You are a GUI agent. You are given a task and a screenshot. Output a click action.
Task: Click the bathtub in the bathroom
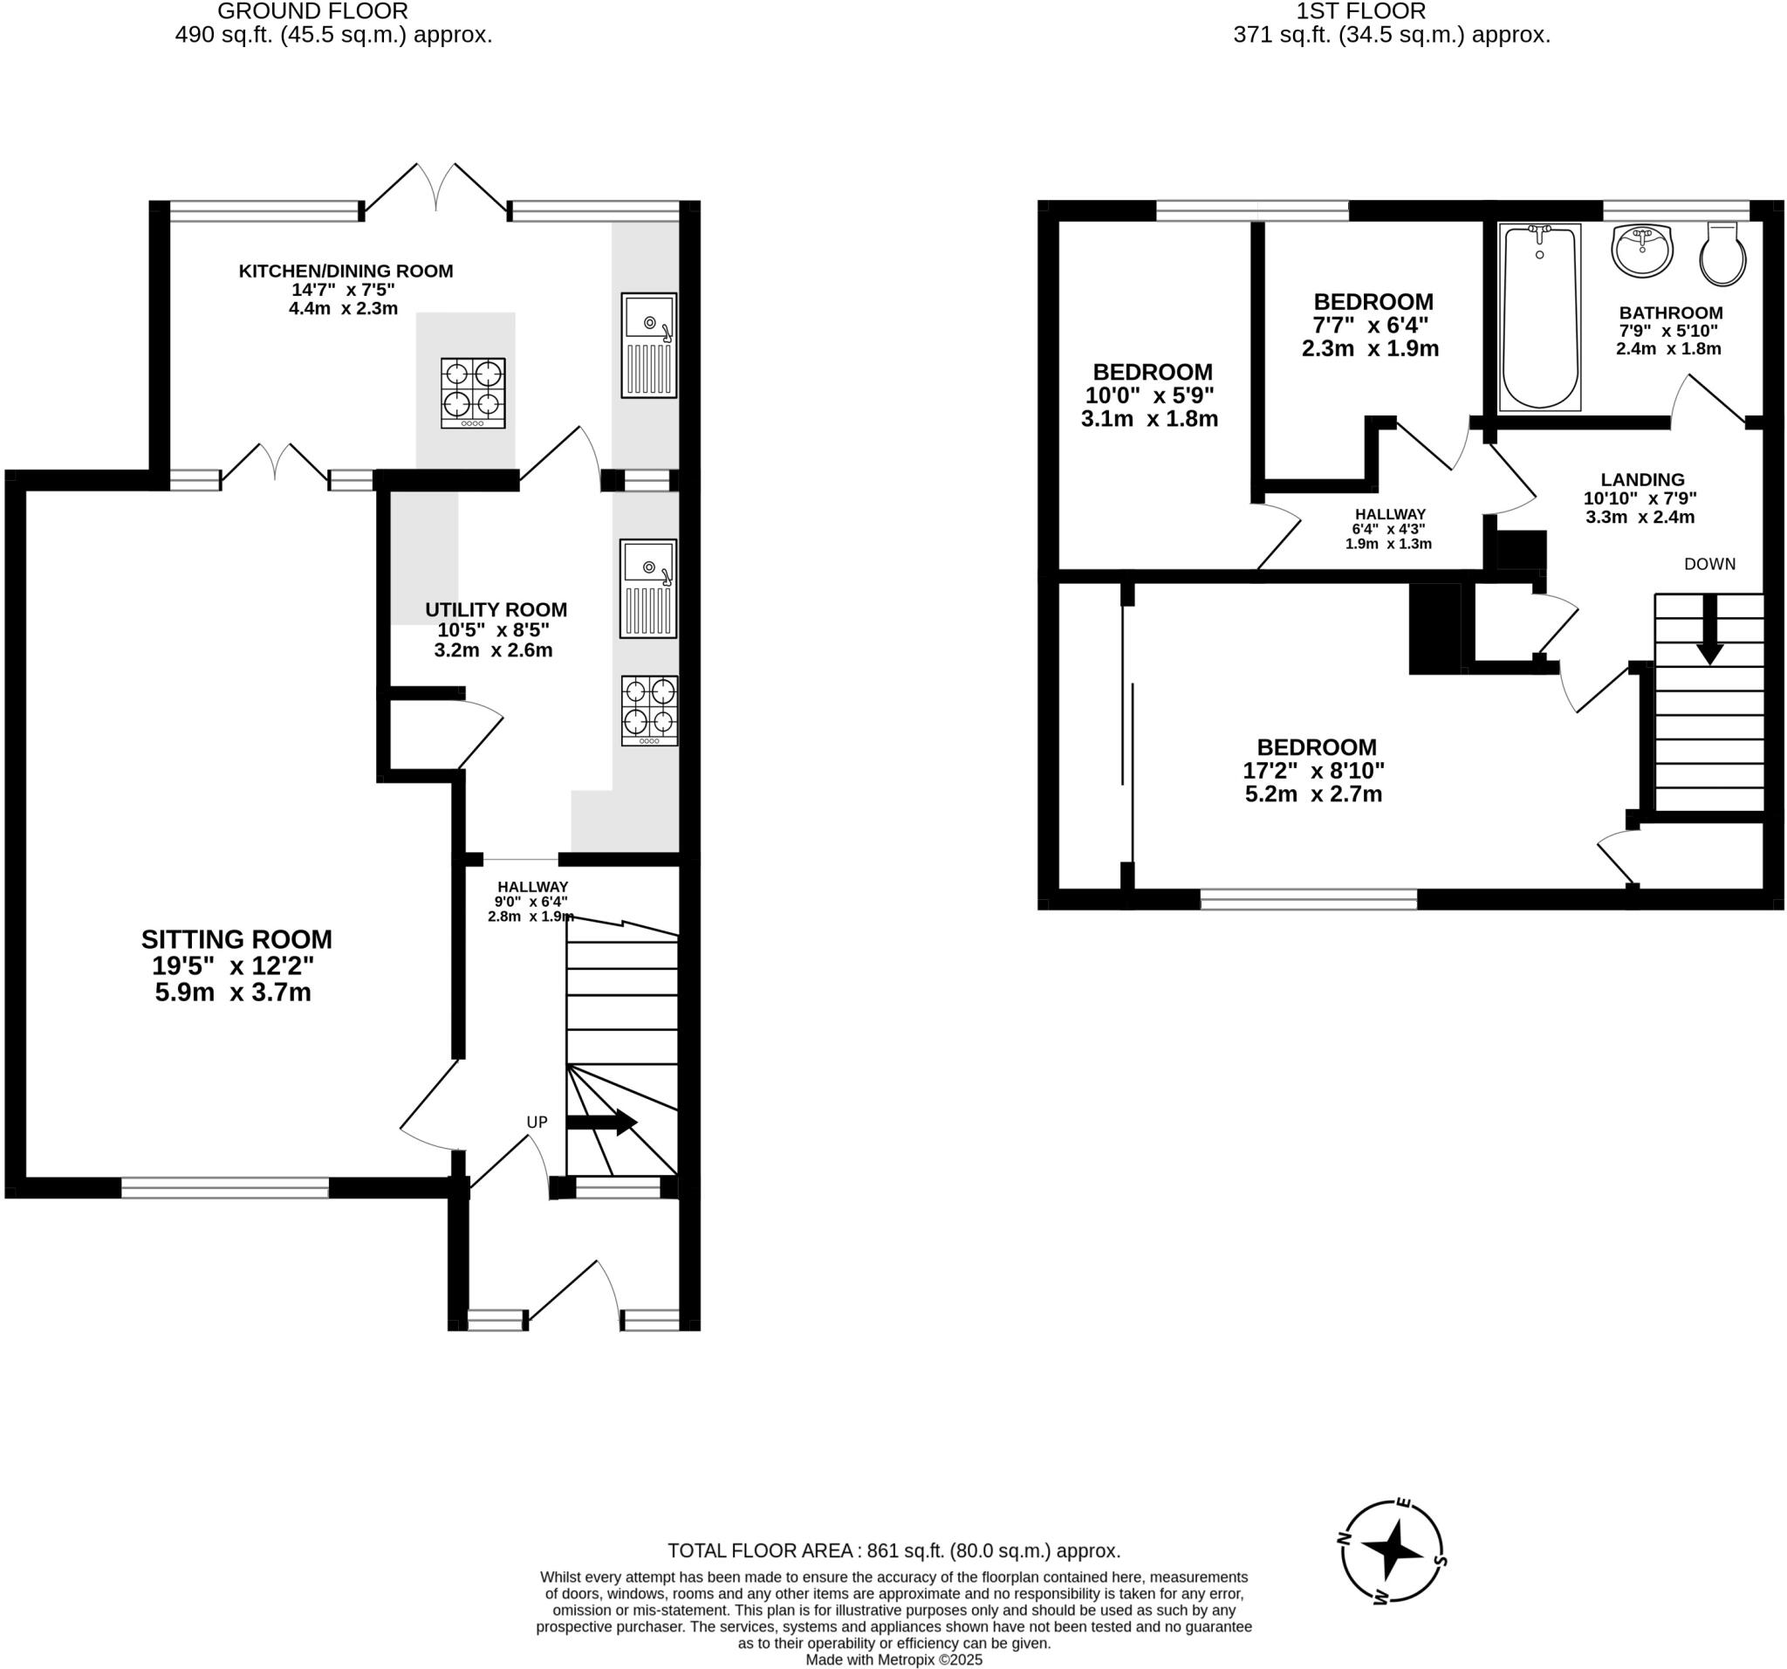[1540, 318]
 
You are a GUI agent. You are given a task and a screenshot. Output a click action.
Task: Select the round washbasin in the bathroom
[1642, 251]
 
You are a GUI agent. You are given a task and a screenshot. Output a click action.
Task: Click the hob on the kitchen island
[473, 393]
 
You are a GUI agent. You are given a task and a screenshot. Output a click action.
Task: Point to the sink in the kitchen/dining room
[648, 345]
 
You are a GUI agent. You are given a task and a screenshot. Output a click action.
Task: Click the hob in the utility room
[649, 711]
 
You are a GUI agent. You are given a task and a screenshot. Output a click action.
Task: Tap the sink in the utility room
[648, 588]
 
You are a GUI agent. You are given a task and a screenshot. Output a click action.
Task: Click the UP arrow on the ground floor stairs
[601, 1123]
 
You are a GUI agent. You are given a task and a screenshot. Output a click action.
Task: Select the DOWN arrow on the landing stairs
[1708, 629]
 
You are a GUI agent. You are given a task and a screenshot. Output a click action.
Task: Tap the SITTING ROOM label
[236, 940]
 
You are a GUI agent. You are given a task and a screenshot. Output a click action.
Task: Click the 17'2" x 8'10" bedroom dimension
[1313, 771]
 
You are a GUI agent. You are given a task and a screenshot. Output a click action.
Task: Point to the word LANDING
[1642, 480]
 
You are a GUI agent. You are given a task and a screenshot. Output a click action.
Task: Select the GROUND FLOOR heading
[313, 11]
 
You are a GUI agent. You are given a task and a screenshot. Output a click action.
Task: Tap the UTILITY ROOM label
[496, 609]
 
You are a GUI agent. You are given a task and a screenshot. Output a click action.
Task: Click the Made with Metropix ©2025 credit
[893, 1660]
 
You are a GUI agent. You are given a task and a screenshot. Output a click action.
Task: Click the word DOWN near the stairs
[1708, 564]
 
